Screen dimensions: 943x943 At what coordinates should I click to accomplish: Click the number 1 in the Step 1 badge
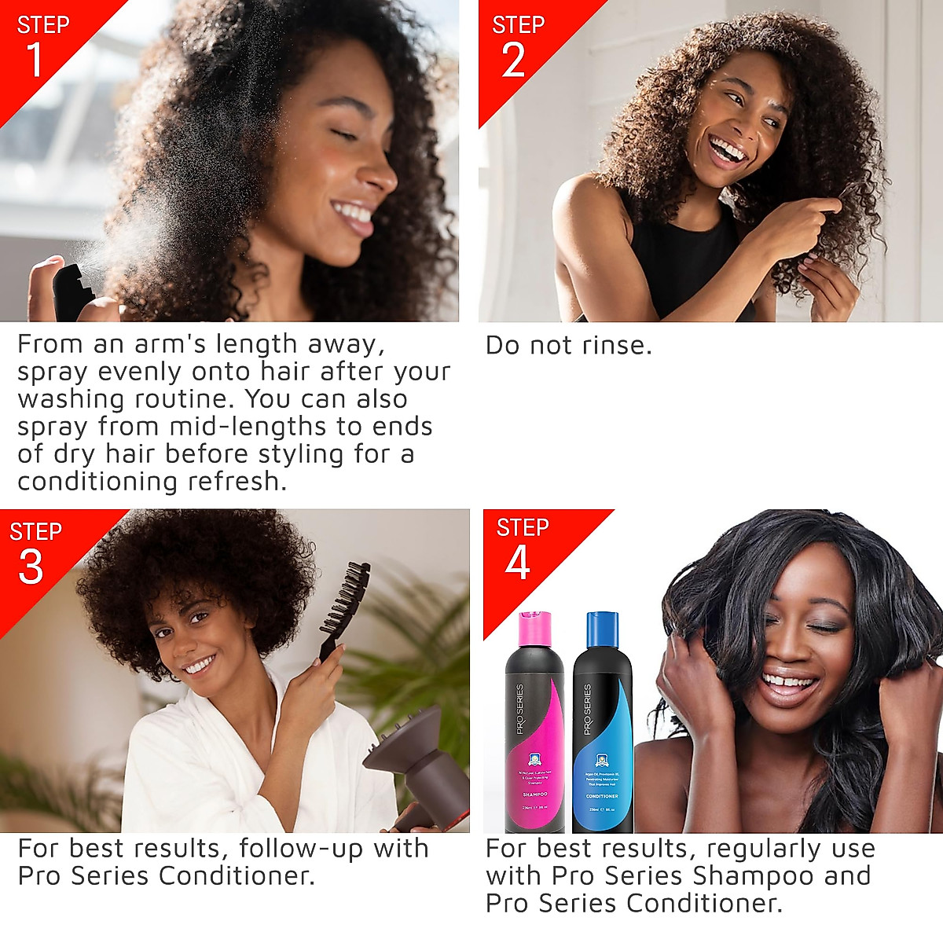point(35,60)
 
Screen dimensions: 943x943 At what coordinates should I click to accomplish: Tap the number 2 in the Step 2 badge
point(513,60)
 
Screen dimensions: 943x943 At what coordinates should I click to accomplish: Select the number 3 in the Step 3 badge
point(31,567)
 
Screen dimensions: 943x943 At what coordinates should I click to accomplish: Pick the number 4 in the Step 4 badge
point(517,563)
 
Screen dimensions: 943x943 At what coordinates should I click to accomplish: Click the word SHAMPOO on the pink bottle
point(534,794)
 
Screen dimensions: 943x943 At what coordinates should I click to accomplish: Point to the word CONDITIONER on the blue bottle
point(602,796)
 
